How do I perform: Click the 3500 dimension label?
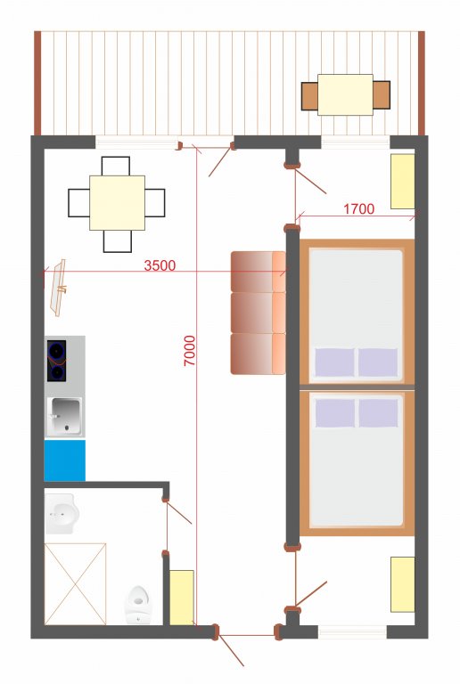point(160,265)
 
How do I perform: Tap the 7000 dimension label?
point(189,350)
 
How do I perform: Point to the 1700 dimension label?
point(358,209)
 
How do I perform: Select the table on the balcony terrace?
point(345,94)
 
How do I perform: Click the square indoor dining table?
point(117,203)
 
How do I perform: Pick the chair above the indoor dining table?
point(116,167)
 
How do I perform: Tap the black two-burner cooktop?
point(57,361)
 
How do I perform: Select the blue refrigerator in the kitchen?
point(64,460)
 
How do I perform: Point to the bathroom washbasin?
point(62,514)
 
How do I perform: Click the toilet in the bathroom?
point(137,606)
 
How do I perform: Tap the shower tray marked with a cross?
point(75,583)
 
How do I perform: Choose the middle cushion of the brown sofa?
point(258,313)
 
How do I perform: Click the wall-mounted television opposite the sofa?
point(59,287)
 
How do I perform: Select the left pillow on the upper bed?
point(334,362)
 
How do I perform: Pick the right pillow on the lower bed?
point(378,413)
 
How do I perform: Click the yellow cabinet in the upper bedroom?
point(402,181)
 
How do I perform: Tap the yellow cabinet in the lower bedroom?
point(402,584)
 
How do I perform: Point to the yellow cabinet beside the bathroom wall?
point(182,598)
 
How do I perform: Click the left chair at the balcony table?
point(309,96)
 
